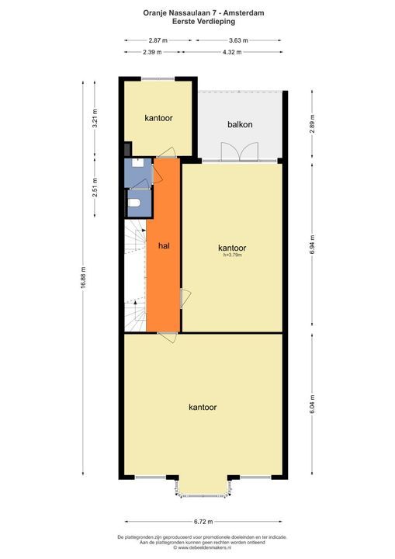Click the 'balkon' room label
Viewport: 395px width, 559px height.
(x=240, y=124)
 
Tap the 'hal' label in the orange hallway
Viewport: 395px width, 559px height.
(x=164, y=245)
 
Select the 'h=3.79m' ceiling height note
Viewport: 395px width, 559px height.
(x=233, y=254)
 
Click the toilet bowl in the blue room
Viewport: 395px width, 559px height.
(x=136, y=203)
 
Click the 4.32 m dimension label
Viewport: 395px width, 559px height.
(x=231, y=52)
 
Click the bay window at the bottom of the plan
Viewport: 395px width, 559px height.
(x=202, y=487)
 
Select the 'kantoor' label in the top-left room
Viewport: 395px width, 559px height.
(x=158, y=118)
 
